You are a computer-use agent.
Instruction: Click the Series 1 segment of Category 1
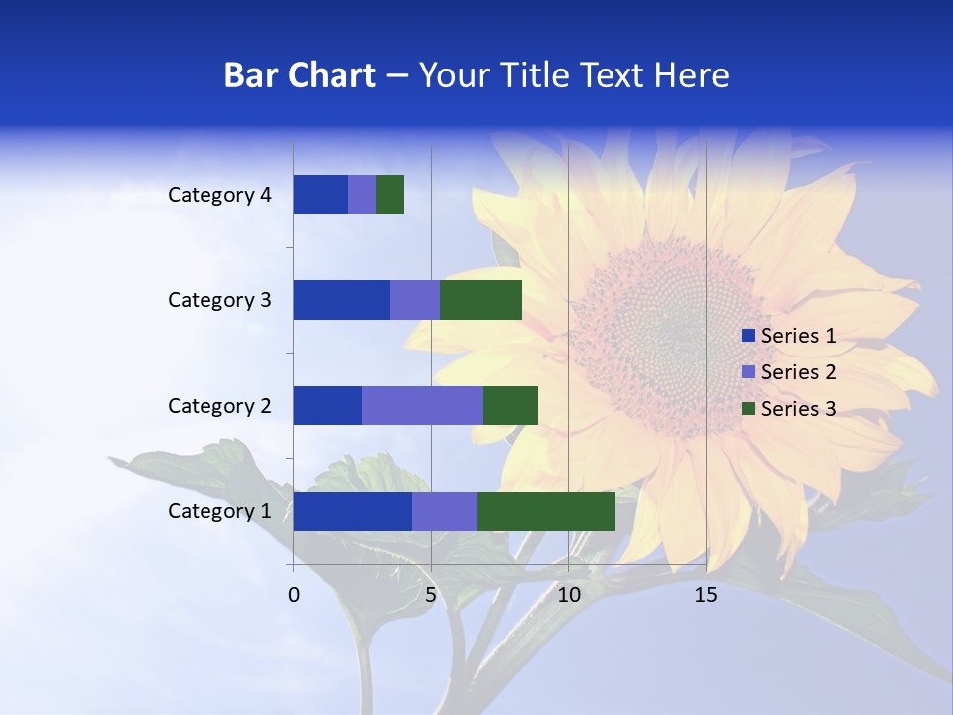pos(352,511)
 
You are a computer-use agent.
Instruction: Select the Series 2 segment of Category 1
pos(445,511)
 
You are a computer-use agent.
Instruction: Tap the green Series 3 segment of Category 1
pos(546,511)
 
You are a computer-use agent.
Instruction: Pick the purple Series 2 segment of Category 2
pos(423,405)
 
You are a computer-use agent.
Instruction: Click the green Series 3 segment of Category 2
pos(510,405)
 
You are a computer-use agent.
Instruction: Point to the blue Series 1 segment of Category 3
pos(341,300)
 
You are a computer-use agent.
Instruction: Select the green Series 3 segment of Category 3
pos(480,300)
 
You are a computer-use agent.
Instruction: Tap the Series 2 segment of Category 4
pos(362,195)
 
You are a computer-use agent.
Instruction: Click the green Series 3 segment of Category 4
pos(390,195)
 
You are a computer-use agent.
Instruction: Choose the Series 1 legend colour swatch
pos(749,336)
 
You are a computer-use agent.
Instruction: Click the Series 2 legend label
pos(798,372)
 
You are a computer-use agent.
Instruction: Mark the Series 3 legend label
pos(798,409)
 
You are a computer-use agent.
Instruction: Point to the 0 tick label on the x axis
pos(294,595)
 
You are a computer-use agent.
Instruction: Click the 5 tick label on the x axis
pos(431,595)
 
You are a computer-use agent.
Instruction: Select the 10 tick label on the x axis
pos(568,595)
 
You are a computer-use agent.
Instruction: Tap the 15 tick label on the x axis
pos(705,595)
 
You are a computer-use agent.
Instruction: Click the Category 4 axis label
pos(219,195)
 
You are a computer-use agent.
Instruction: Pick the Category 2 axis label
pos(219,406)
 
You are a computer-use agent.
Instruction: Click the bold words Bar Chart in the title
pos(300,75)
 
